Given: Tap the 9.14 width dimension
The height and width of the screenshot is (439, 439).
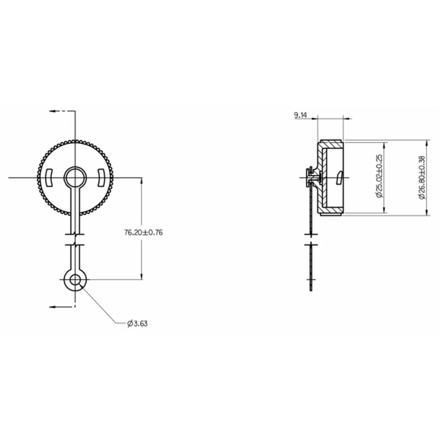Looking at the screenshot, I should (x=300, y=116).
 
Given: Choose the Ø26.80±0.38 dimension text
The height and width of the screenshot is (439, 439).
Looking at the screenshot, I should (x=421, y=177).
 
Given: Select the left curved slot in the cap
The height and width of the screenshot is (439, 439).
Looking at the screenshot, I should (x=49, y=177).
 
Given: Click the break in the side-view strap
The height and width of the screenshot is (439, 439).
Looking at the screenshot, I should (x=311, y=238).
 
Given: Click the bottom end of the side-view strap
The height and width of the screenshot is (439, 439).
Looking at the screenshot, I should (x=311, y=290).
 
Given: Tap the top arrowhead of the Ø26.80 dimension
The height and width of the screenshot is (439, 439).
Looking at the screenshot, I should (x=427, y=142).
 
